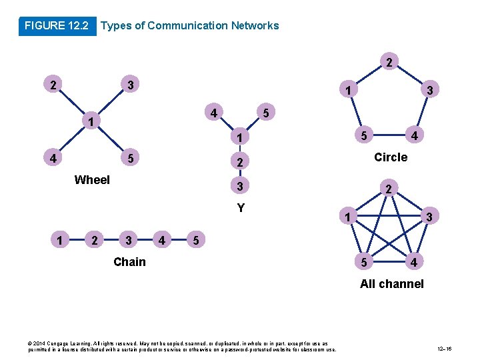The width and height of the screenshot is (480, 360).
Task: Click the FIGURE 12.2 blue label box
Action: coord(57,26)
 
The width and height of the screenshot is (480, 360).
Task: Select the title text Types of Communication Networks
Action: coord(189,26)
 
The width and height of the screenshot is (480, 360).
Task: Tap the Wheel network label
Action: coord(92,179)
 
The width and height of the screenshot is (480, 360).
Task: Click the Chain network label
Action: coord(129,261)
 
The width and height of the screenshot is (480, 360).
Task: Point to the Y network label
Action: coord(241,207)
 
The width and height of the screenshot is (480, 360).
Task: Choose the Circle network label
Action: coord(391,157)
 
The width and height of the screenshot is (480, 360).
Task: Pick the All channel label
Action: coord(391,284)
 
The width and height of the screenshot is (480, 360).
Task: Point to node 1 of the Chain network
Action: coord(61,239)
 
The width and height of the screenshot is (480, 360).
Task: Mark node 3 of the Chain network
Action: coord(127,239)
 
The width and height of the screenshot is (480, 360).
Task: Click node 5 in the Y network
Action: coord(265,114)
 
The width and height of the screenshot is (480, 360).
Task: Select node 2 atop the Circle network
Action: coord(389,63)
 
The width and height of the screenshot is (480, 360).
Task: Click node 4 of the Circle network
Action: coord(414,137)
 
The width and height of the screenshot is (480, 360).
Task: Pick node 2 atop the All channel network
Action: coord(389,190)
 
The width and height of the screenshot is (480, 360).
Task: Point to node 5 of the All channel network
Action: coord(364,262)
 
